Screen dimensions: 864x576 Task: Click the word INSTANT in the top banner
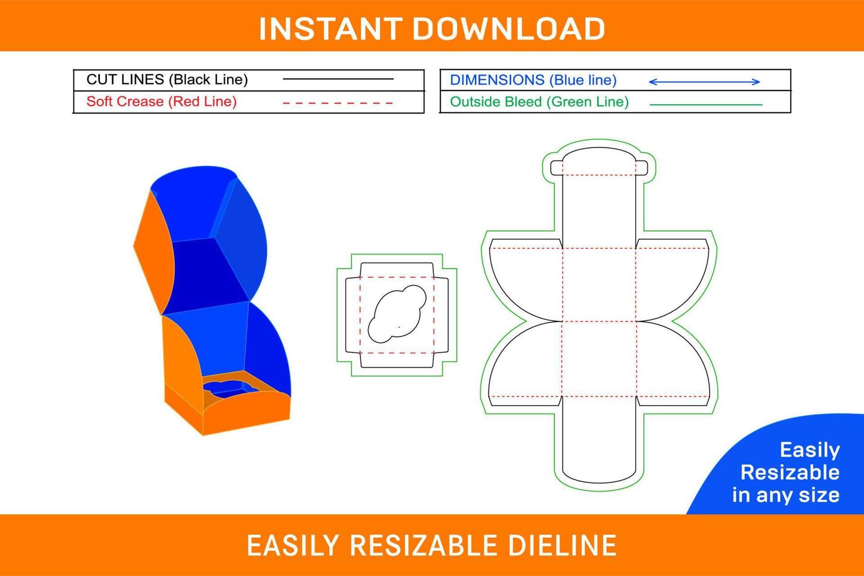(330, 29)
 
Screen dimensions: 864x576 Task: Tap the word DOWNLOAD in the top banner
(509, 29)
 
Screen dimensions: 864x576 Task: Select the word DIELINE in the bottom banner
(562, 545)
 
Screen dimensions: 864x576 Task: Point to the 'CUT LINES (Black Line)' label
(167, 79)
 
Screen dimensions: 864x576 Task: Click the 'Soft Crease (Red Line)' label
(161, 102)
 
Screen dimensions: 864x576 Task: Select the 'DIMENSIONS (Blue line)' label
(534, 80)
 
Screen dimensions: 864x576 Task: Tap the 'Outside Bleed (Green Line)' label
(539, 102)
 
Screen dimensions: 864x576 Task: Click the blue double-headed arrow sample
(704, 82)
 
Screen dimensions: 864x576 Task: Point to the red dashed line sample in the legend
(338, 103)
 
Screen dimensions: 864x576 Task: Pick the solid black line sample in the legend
(338, 79)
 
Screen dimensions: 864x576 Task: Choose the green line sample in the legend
(706, 104)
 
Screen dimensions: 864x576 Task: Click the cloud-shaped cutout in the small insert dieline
(397, 314)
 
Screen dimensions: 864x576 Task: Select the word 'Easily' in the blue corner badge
(809, 450)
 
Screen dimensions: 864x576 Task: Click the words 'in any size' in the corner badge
(786, 495)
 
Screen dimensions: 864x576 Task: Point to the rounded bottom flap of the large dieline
(599, 440)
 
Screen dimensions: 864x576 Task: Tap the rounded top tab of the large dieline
(599, 160)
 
